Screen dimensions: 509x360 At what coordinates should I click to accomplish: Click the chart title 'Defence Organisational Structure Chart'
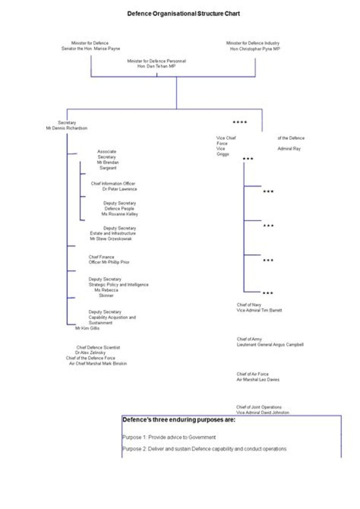[183, 13]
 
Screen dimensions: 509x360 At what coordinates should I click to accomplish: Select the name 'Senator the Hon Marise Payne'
[90, 49]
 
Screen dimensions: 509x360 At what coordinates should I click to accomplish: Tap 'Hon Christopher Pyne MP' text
[255, 49]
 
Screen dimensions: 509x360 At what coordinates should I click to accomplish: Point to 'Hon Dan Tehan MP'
[156, 66]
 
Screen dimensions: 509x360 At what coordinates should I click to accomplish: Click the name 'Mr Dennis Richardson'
[67, 128]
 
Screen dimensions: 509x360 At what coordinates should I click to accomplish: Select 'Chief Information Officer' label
[113, 183]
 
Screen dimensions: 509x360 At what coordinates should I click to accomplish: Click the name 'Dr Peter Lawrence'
[119, 189]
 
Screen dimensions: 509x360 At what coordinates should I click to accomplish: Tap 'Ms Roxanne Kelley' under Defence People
[119, 214]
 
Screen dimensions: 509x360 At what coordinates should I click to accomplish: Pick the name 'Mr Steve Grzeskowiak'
[111, 239]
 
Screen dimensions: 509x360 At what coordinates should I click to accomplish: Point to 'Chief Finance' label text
[101, 257]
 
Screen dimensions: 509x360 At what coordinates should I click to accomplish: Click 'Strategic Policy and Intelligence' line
[118, 284]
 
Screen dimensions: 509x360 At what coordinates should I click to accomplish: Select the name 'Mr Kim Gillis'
[87, 328]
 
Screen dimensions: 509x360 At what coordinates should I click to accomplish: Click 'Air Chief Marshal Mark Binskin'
[98, 363]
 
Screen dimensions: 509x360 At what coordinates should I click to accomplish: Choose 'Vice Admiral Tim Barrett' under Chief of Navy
[259, 310]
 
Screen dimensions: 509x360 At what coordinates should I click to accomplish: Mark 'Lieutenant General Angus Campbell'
[270, 345]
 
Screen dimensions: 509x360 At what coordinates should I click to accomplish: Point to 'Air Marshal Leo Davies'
[258, 379]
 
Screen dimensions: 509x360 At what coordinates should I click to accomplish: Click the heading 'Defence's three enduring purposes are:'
[178, 420]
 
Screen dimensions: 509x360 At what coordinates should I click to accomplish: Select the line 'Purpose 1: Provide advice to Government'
[169, 437]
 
